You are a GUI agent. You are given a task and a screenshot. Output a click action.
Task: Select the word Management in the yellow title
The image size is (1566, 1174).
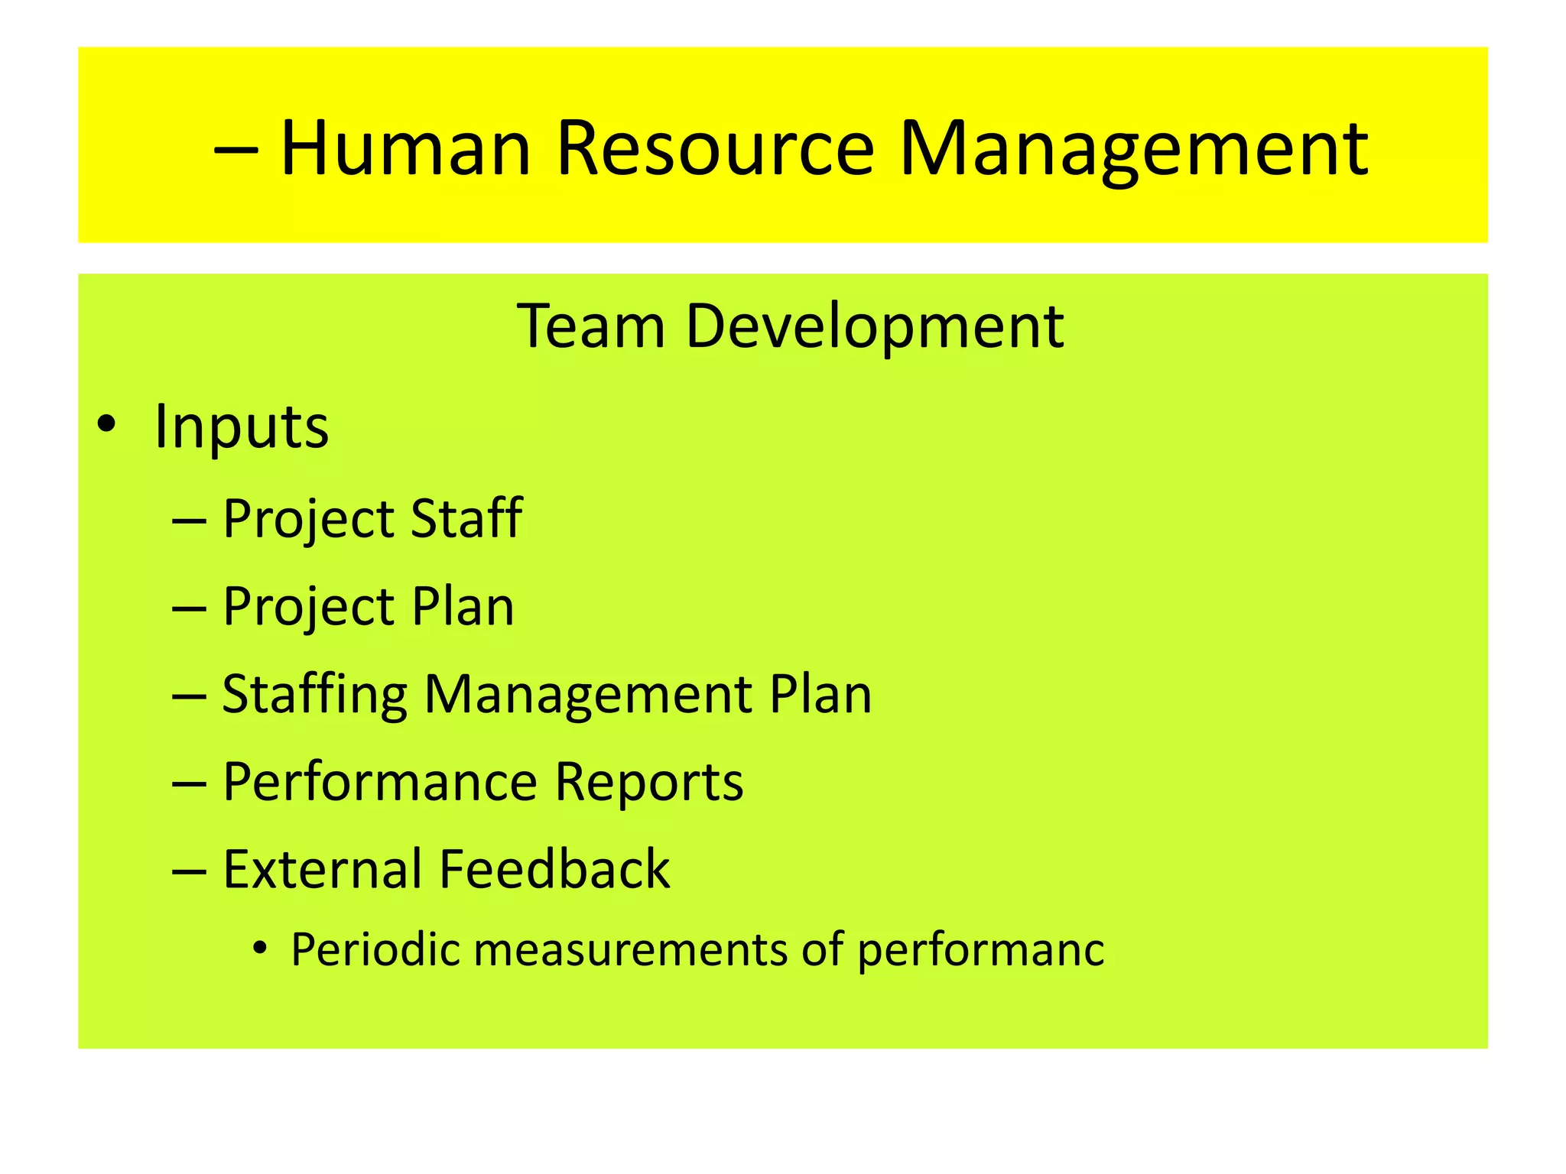tap(1133, 149)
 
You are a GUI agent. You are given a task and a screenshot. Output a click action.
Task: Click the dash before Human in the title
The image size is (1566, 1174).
tap(236, 149)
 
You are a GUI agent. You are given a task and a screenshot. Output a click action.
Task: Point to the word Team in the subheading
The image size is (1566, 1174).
tap(590, 326)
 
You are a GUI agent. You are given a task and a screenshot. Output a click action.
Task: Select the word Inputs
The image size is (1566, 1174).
tap(241, 426)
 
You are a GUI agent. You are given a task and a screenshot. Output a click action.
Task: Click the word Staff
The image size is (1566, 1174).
tap(466, 518)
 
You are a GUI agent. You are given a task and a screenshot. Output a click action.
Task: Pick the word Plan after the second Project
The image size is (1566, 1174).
tap(463, 607)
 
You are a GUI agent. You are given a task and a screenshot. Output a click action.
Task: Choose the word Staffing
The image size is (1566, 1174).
tap(314, 695)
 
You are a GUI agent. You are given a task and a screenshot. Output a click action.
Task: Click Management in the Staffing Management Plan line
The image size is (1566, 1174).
tap(588, 695)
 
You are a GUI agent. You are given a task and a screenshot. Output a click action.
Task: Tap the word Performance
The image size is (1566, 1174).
tap(380, 783)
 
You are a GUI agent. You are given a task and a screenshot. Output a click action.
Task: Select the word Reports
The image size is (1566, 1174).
tap(648, 783)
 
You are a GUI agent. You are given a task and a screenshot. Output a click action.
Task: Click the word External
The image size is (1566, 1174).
tap(322, 870)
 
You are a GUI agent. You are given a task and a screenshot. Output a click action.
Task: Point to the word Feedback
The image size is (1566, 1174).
tap(554, 870)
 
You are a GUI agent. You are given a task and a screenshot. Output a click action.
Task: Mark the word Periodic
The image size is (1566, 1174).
tap(375, 950)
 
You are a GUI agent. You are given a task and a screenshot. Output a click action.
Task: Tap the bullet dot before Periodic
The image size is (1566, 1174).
tap(261, 949)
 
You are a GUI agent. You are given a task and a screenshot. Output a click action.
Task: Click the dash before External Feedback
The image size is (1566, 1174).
tap(189, 871)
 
